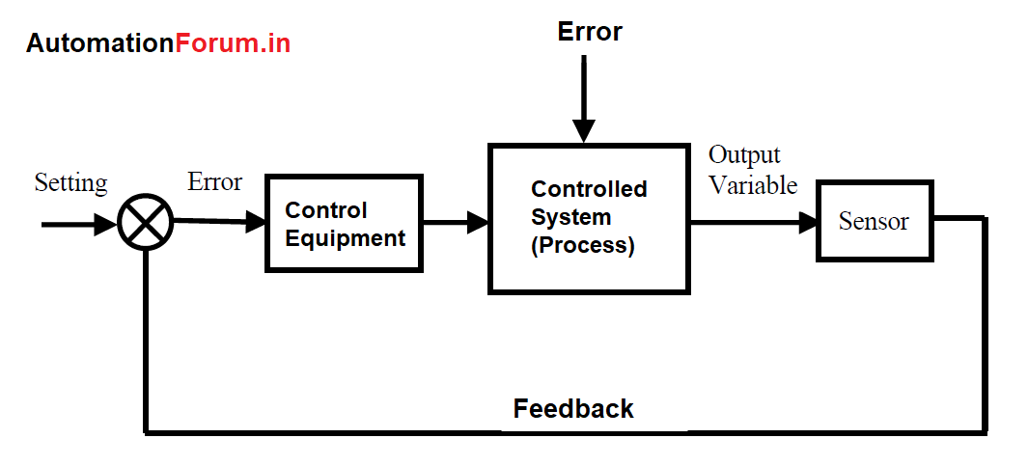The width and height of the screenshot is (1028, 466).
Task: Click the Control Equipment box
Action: coord(344,223)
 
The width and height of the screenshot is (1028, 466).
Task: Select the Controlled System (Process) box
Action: coord(589,218)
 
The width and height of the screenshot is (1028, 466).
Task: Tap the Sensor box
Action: coord(874,221)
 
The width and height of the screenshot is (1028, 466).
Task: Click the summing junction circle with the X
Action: coord(145,224)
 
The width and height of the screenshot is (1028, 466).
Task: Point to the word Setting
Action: coord(70,182)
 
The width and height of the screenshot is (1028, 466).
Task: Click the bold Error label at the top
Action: coord(590,32)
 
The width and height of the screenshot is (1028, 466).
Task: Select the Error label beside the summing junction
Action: coord(214,182)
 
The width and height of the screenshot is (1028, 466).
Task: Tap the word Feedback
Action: coord(573,409)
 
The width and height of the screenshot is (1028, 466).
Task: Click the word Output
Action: coord(744,155)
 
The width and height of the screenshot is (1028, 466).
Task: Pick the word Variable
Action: coord(753,185)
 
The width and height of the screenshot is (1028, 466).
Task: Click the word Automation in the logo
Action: coord(100,43)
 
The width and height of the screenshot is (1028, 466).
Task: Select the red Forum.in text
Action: coord(233,43)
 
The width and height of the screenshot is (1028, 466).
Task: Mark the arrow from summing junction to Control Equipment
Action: coord(220,222)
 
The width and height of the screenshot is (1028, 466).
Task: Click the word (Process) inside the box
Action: coord(583,245)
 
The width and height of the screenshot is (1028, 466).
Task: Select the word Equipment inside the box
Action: coord(345,238)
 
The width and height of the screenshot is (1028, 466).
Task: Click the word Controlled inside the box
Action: coord(589,189)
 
